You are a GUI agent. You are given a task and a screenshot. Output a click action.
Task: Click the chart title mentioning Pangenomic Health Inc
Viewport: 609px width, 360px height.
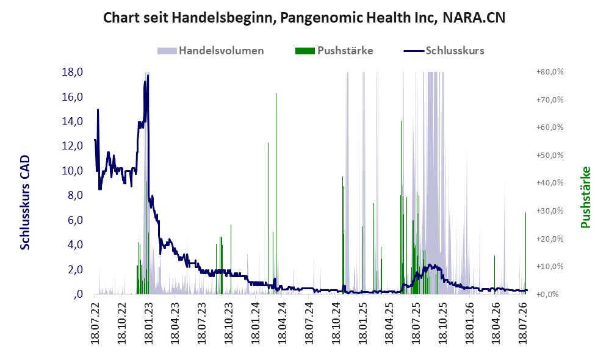pyautogui.click(x=304, y=18)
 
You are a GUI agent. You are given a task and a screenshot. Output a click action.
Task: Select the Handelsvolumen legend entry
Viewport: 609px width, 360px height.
pyautogui.click(x=211, y=51)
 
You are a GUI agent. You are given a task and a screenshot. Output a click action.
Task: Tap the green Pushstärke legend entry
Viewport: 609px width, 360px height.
pyautogui.click(x=334, y=51)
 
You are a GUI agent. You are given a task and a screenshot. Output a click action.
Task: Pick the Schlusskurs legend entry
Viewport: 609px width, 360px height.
pyautogui.click(x=444, y=51)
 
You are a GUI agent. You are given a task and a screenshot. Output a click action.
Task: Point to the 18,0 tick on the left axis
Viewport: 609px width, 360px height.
pyautogui.click(x=73, y=72)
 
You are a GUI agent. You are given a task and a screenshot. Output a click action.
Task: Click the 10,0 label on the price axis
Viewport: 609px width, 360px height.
pyautogui.click(x=73, y=170)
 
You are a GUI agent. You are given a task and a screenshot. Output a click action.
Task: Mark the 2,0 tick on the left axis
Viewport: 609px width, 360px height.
pyautogui.click(x=75, y=269)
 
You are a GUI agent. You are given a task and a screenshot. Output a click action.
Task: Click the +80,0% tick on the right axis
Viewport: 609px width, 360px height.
pyautogui.click(x=550, y=72)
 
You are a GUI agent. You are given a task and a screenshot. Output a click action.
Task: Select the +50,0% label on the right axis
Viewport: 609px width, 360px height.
pyautogui.click(x=550, y=156)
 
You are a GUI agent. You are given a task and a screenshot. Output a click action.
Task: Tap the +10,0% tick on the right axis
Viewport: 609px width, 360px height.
pyautogui.click(x=550, y=267)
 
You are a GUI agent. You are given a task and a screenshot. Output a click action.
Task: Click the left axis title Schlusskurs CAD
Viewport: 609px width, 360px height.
pyautogui.click(x=25, y=203)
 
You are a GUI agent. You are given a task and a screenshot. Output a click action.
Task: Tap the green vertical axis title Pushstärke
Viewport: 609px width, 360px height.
pyautogui.click(x=585, y=197)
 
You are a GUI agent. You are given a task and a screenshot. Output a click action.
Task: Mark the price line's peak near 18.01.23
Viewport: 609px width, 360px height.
pyautogui.click(x=148, y=75)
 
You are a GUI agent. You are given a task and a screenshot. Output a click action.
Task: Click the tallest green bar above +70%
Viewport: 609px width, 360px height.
pyautogui.click(x=276, y=193)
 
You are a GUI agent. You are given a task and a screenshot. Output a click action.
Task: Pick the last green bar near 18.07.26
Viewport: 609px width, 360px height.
pyautogui.click(x=525, y=253)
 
